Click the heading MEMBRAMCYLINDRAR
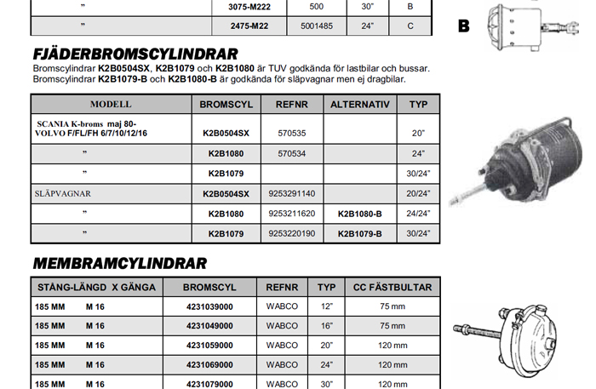click(119, 263)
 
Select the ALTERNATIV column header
click(359, 105)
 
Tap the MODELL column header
click(111, 105)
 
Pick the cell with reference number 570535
click(292, 134)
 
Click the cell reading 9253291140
click(291, 193)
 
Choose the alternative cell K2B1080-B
click(359, 214)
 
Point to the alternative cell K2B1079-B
click(359, 233)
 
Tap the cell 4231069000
click(209, 364)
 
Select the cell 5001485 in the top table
click(317, 26)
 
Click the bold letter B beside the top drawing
click(463, 26)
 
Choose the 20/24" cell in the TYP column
click(418, 193)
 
